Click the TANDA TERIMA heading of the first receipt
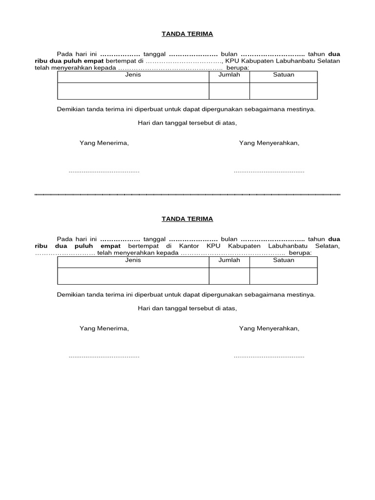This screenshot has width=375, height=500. click(x=187, y=34)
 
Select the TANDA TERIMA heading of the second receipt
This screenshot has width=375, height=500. click(x=187, y=219)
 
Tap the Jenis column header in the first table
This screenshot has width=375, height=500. click(x=133, y=75)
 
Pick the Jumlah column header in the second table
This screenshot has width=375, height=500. click(x=229, y=260)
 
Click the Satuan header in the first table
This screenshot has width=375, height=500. click(x=283, y=75)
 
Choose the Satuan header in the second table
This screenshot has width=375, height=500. click(x=283, y=260)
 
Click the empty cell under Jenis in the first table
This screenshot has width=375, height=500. click(x=133, y=91)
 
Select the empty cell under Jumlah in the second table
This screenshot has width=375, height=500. click(x=229, y=276)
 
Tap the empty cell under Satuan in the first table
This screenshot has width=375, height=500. click(x=283, y=91)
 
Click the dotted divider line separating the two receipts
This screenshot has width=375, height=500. click(x=187, y=195)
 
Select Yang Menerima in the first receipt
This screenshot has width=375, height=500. click(x=104, y=143)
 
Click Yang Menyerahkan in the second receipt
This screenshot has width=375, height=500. click(x=269, y=329)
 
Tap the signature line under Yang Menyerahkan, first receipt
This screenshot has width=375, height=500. click(x=269, y=172)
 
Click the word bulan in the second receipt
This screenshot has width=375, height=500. click(x=229, y=239)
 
